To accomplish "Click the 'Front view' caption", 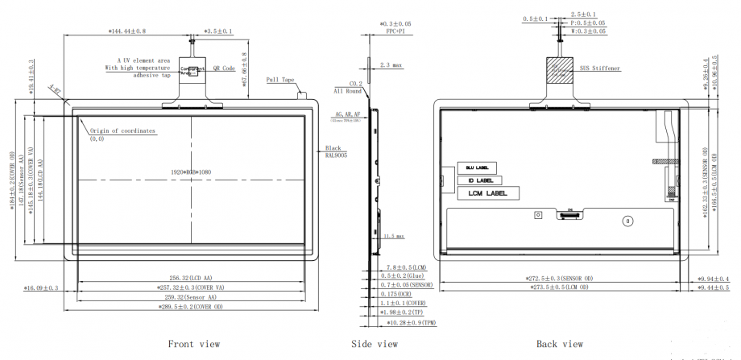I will [193, 344].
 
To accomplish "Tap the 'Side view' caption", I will [375, 344].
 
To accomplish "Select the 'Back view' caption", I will [559, 344].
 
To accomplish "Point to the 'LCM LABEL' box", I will [486, 193].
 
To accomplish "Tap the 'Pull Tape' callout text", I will [282, 80].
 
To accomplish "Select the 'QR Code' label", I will [223, 69].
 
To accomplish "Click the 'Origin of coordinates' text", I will [122, 130].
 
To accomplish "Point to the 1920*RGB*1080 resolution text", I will [192, 172].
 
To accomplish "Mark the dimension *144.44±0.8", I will [127, 31].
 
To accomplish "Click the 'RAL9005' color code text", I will [336, 157].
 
